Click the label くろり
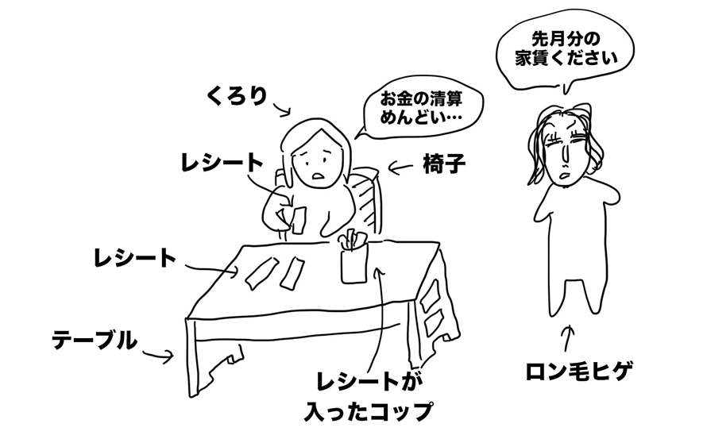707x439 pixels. pos(238,95)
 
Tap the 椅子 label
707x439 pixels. pos(444,164)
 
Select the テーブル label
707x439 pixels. pos(95,341)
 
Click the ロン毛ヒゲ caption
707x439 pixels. pos(579,372)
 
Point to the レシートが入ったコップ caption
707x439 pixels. pos(368,396)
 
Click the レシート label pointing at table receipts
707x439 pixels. pos(134,258)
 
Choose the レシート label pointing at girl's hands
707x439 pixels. pos(222,162)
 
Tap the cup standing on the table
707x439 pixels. pos(354,263)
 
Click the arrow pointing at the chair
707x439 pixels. pos(400,168)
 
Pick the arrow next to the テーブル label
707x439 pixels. pos(158,356)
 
